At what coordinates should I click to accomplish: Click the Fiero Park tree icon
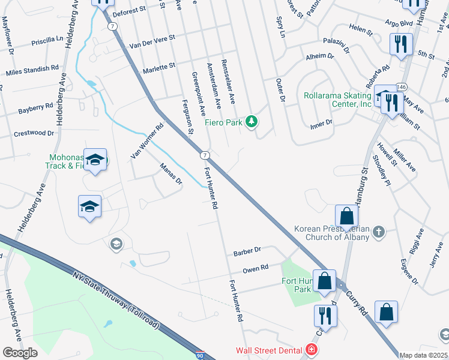click(252, 122)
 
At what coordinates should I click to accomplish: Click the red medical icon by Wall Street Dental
click(311, 349)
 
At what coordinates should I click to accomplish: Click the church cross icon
click(378, 231)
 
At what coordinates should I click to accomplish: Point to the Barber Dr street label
click(247, 250)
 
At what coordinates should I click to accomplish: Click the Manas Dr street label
click(170, 173)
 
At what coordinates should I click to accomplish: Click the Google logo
click(20, 352)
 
